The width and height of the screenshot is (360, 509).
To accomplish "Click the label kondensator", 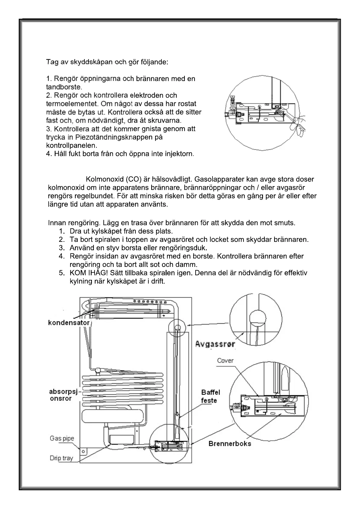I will click(x=69, y=323).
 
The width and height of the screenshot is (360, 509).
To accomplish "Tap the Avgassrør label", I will click(x=215, y=344).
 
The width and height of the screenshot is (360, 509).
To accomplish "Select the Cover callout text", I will click(x=225, y=361).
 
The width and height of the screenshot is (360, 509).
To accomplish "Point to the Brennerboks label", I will click(x=230, y=444).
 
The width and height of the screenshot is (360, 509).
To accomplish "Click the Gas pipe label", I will click(x=62, y=438).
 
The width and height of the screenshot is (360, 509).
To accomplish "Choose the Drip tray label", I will click(x=61, y=458).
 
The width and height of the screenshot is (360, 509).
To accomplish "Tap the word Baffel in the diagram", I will click(x=211, y=392).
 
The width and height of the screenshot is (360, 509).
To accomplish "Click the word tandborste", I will click(x=64, y=87).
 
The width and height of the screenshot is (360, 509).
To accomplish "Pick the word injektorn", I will click(x=179, y=154).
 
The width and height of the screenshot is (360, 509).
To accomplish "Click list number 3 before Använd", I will click(x=62, y=248).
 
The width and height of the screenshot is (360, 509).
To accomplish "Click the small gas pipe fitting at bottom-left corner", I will click(x=84, y=452).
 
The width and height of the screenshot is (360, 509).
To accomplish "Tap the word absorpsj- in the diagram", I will click(x=63, y=392).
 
